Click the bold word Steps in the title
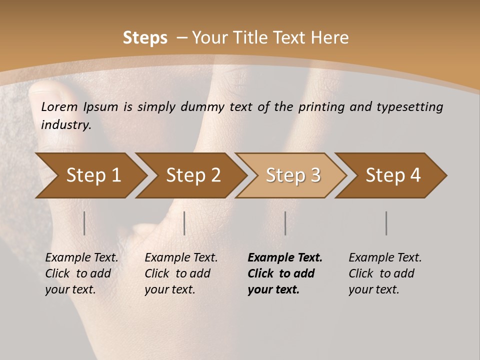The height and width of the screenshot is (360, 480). (145, 38)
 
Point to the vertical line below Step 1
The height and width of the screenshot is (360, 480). (84, 223)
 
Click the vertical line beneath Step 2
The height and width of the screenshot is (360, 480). (184, 223)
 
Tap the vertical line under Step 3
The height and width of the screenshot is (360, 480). (285, 223)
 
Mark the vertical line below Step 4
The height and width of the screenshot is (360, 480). (386, 223)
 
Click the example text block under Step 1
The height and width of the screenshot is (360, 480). (81, 273)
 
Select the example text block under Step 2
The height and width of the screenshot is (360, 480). (181, 273)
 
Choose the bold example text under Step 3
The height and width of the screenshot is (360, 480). (285, 273)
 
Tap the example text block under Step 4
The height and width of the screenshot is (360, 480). (385, 273)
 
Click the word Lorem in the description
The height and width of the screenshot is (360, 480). (59, 107)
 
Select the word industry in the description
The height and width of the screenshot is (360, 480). (65, 125)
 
